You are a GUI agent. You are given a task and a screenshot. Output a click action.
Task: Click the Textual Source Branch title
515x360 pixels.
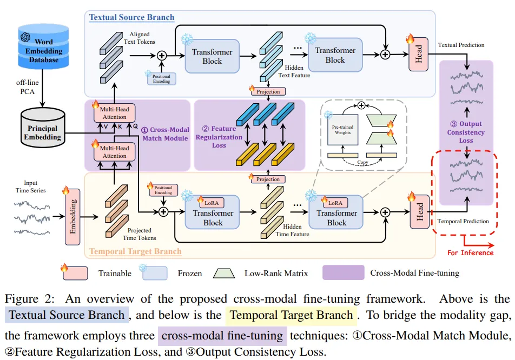click(132, 17)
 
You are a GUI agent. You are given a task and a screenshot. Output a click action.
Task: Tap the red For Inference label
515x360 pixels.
click(470, 252)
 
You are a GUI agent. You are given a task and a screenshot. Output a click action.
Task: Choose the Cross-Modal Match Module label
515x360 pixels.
click(164, 134)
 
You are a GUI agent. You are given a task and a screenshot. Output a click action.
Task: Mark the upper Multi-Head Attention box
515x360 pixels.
click(114, 113)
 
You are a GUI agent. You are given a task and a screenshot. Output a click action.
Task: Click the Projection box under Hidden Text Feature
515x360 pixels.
click(268, 91)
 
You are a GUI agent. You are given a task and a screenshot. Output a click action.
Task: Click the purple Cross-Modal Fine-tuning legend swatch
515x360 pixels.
click(343, 272)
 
